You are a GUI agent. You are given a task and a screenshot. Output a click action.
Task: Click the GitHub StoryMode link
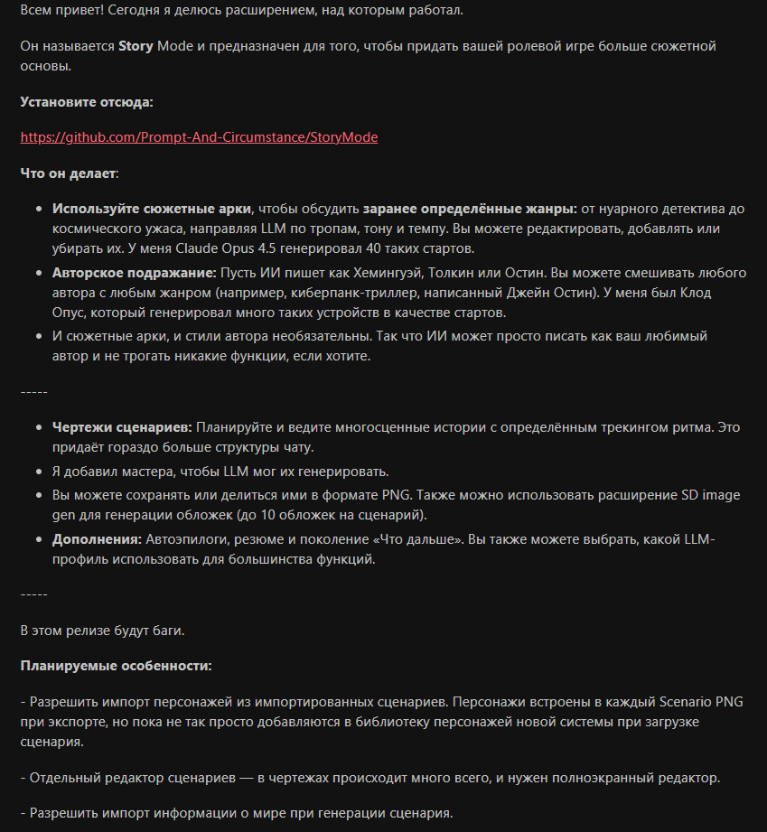[199, 137]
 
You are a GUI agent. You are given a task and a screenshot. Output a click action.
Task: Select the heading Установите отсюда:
[87, 101]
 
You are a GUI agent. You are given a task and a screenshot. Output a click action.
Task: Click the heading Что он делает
[69, 173]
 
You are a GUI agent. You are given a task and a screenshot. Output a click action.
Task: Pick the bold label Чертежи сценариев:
[122, 425]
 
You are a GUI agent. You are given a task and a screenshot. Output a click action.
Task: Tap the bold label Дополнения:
[97, 539]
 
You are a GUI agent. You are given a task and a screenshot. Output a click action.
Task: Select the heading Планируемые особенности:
[116, 666]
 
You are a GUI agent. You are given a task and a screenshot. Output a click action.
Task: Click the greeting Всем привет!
[60, 9]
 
